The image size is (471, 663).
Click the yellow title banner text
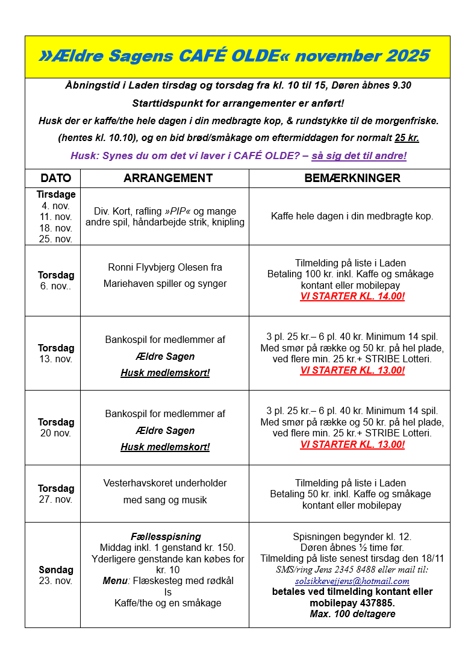tap(234, 57)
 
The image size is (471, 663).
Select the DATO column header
tap(56, 178)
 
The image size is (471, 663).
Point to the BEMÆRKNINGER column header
tap(352, 178)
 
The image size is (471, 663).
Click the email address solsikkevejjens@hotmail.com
tap(352, 582)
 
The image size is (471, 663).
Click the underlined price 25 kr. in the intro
tap(407, 138)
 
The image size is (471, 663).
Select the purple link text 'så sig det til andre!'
tap(359, 156)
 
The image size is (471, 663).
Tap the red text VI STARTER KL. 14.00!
tap(352, 297)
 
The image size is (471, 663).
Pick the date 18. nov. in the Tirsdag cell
tap(56, 228)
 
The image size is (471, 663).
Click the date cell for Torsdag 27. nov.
tap(56, 494)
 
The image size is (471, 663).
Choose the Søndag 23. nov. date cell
tap(56, 575)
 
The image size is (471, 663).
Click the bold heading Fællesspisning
tap(166, 537)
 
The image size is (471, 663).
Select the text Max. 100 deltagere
tap(352, 614)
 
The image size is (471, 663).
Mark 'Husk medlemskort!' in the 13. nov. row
tap(165, 373)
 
